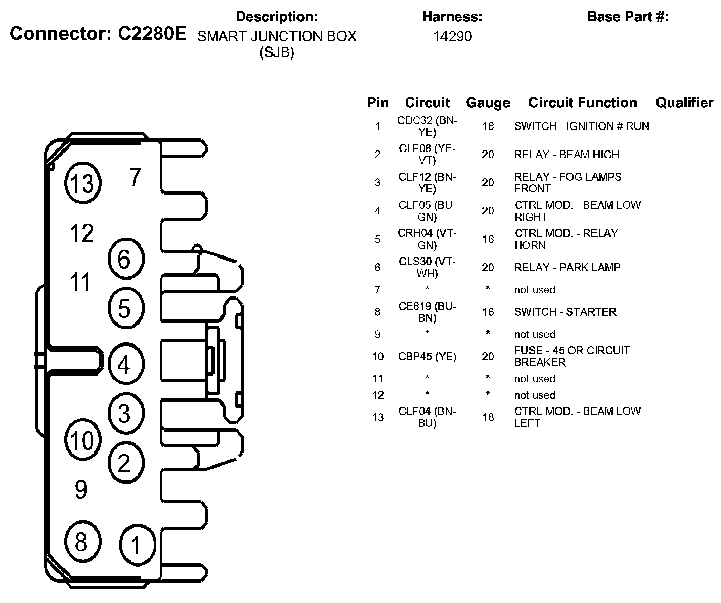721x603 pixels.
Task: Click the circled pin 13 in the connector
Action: tap(82, 183)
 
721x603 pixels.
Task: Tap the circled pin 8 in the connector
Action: tap(81, 542)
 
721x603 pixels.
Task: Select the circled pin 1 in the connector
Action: tap(136, 546)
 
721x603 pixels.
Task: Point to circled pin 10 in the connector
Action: tap(82, 440)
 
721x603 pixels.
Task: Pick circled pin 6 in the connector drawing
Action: tap(125, 260)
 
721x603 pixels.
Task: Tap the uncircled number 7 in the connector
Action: tap(135, 177)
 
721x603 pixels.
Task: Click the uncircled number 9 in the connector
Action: tap(81, 489)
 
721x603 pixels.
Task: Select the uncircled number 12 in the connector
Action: tap(82, 233)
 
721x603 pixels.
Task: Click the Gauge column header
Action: tap(487, 103)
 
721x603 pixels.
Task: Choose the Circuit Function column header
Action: tap(582, 103)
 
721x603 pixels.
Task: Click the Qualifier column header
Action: tap(684, 103)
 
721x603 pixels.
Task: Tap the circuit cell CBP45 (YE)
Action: tap(427, 356)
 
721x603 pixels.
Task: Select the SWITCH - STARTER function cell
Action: tap(565, 312)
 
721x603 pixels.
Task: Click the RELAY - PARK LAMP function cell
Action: tap(567, 267)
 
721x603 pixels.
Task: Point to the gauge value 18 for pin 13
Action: tap(487, 417)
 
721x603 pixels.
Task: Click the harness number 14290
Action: tap(452, 36)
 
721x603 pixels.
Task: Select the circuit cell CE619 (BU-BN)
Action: tap(427, 312)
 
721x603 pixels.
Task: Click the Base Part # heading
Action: tap(627, 17)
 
